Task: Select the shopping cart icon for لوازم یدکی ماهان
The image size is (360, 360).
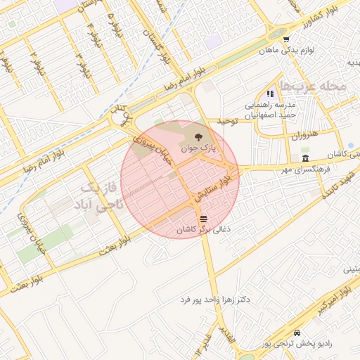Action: click(286, 39)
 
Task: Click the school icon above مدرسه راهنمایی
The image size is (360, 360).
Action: click(269, 93)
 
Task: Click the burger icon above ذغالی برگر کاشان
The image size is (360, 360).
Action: click(203, 218)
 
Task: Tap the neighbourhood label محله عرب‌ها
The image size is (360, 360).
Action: click(313, 86)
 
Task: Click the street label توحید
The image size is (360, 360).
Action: click(227, 122)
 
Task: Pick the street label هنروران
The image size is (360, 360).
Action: click(305, 133)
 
